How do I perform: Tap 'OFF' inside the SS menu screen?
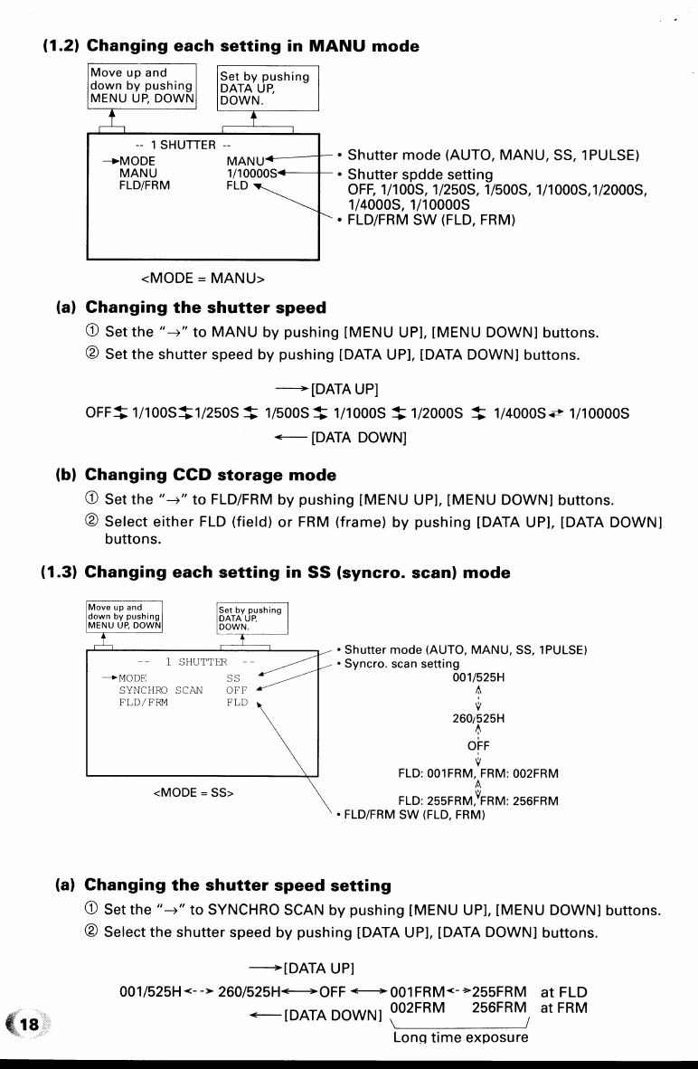[x=237, y=690]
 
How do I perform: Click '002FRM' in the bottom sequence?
[x=421, y=1007]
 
